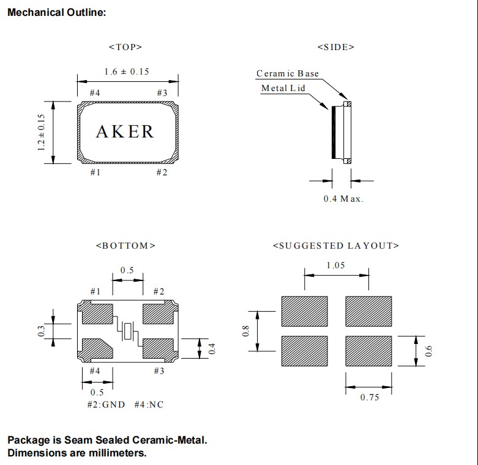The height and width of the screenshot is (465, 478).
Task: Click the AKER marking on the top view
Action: coord(125,131)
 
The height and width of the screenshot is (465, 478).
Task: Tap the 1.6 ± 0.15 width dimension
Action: coord(127,71)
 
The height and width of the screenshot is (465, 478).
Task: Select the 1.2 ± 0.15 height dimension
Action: coord(42,132)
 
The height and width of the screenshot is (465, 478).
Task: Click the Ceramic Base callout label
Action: coord(287,73)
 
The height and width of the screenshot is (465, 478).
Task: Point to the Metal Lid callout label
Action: coord(283,88)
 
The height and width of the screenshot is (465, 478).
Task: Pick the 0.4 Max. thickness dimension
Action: coord(343,199)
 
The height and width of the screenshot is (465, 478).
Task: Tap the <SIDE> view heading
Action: coord(336,46)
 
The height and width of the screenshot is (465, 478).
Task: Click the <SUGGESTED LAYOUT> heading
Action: coord(335,246)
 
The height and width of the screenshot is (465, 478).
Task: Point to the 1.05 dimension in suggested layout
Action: coord(335,265)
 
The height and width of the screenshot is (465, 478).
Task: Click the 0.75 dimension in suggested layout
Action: coord(368,398)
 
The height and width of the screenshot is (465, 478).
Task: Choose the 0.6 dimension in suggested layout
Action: coord(428,351)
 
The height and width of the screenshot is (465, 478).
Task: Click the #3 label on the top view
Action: coord(162,93)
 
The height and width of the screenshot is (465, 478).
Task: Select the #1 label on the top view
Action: coord(95,172)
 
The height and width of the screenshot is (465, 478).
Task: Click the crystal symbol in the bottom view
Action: coord(128,331)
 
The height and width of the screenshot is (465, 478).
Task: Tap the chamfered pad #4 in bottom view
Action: coord(96,348)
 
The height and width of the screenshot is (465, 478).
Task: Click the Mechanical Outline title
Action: coord(56,13)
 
